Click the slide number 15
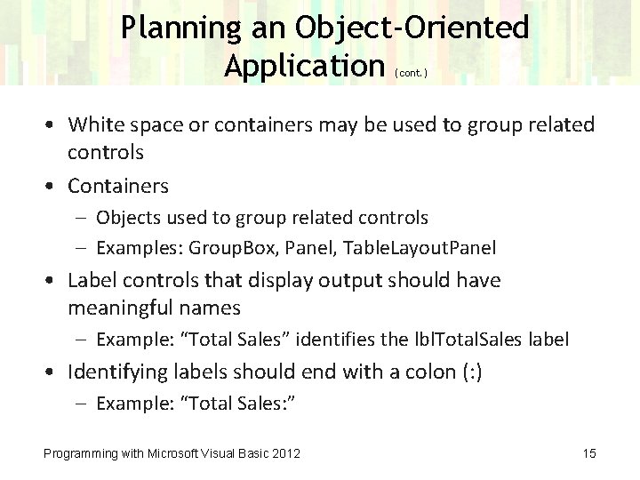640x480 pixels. point(589,454)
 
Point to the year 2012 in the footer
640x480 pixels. point(285,454)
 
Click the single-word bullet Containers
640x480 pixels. point(118,186)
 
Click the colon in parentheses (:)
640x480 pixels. point(469,372)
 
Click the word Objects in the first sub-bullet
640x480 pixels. point(126,218)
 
